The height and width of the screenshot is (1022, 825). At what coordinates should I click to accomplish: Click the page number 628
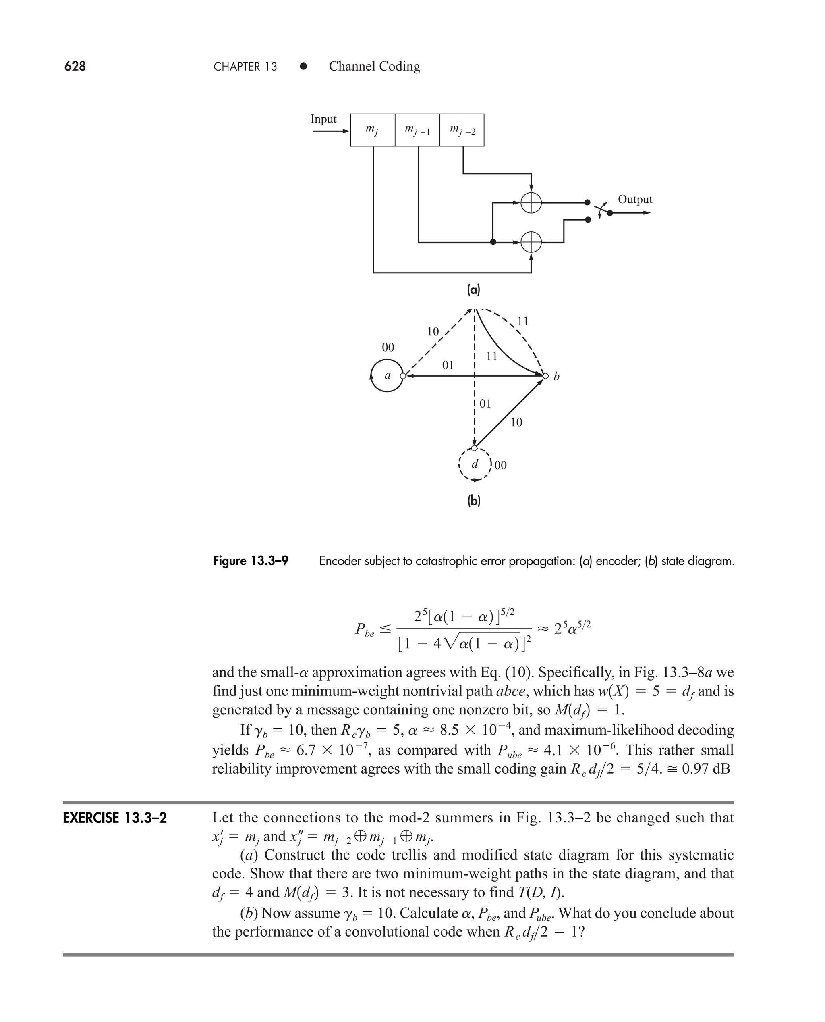point(75,66)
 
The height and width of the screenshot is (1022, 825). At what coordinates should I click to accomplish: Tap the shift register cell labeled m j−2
point(462,130)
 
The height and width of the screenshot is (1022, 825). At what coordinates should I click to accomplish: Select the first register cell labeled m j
point(373,130)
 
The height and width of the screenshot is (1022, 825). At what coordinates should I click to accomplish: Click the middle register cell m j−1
point(417,130)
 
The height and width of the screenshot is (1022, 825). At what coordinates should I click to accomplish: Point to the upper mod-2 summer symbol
point(531,203)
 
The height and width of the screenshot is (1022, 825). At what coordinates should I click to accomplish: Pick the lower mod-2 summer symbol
point(531,242)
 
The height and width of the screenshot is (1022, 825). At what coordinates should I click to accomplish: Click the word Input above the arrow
point(323,119)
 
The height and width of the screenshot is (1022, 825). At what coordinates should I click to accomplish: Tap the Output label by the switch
point(635,199)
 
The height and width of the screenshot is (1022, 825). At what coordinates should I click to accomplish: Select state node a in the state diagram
point(387,376)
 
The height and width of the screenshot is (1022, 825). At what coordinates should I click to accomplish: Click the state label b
point(556,377)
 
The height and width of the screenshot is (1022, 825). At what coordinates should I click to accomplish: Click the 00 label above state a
point(388,347)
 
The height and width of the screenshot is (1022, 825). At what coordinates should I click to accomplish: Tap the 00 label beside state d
point(500,466)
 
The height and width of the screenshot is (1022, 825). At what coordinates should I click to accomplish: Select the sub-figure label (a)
point(473,289)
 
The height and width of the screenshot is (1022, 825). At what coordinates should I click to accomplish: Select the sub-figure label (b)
point(474,500)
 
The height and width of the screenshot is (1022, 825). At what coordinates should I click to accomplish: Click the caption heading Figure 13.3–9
point(251,561)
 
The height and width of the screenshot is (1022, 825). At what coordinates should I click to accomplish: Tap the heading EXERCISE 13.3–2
point(115,818)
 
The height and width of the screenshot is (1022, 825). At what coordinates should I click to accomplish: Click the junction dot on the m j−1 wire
point(493,242)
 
